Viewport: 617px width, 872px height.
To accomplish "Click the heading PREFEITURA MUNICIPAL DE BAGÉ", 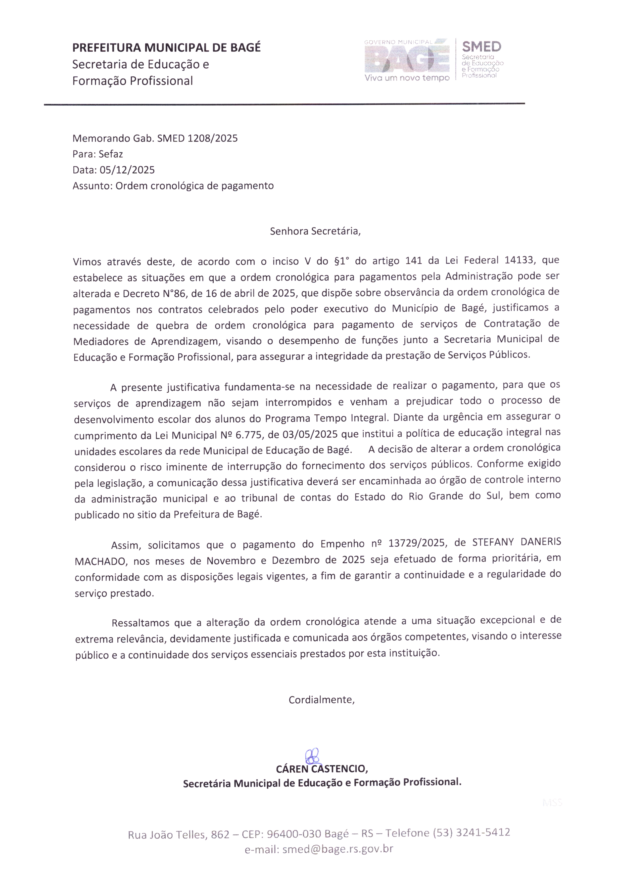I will click(166, 47).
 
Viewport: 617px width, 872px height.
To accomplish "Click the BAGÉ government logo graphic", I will click(407, 60).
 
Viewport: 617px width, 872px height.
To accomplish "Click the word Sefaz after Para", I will click(111, 154).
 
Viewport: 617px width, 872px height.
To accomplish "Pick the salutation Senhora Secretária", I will click(315, 231).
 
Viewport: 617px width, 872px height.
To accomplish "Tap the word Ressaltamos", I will click(140, 623).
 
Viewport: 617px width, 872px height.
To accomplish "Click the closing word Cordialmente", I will click(321, 700).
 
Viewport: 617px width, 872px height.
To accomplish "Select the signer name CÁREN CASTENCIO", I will click(321, 769).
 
